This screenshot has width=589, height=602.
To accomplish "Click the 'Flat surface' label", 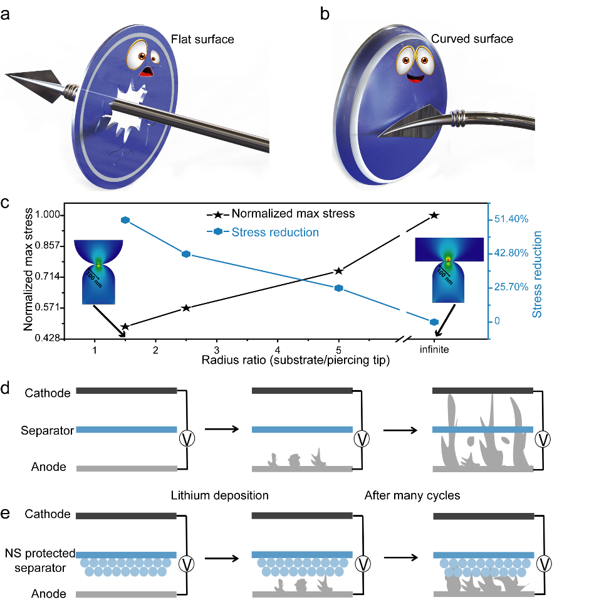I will (x=202, y=40).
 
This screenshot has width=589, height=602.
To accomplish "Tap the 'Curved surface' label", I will (x=472, y=39).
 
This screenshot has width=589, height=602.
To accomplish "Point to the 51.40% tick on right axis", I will (x=513, y=219).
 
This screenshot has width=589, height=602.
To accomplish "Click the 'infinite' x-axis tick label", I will (x=434, y=350).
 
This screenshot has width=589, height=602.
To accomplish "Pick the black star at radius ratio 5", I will (x=339, y=271).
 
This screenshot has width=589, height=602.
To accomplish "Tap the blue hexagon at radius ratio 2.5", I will (x=186, y=254).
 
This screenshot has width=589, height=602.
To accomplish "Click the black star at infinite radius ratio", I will (x=434, y=215).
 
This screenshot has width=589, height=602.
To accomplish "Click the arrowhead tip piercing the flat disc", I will (x=6, y=75).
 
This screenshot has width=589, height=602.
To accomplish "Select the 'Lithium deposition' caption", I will (x=219, y=495).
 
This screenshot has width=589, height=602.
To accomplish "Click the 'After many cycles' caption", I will (x=412, y=495).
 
